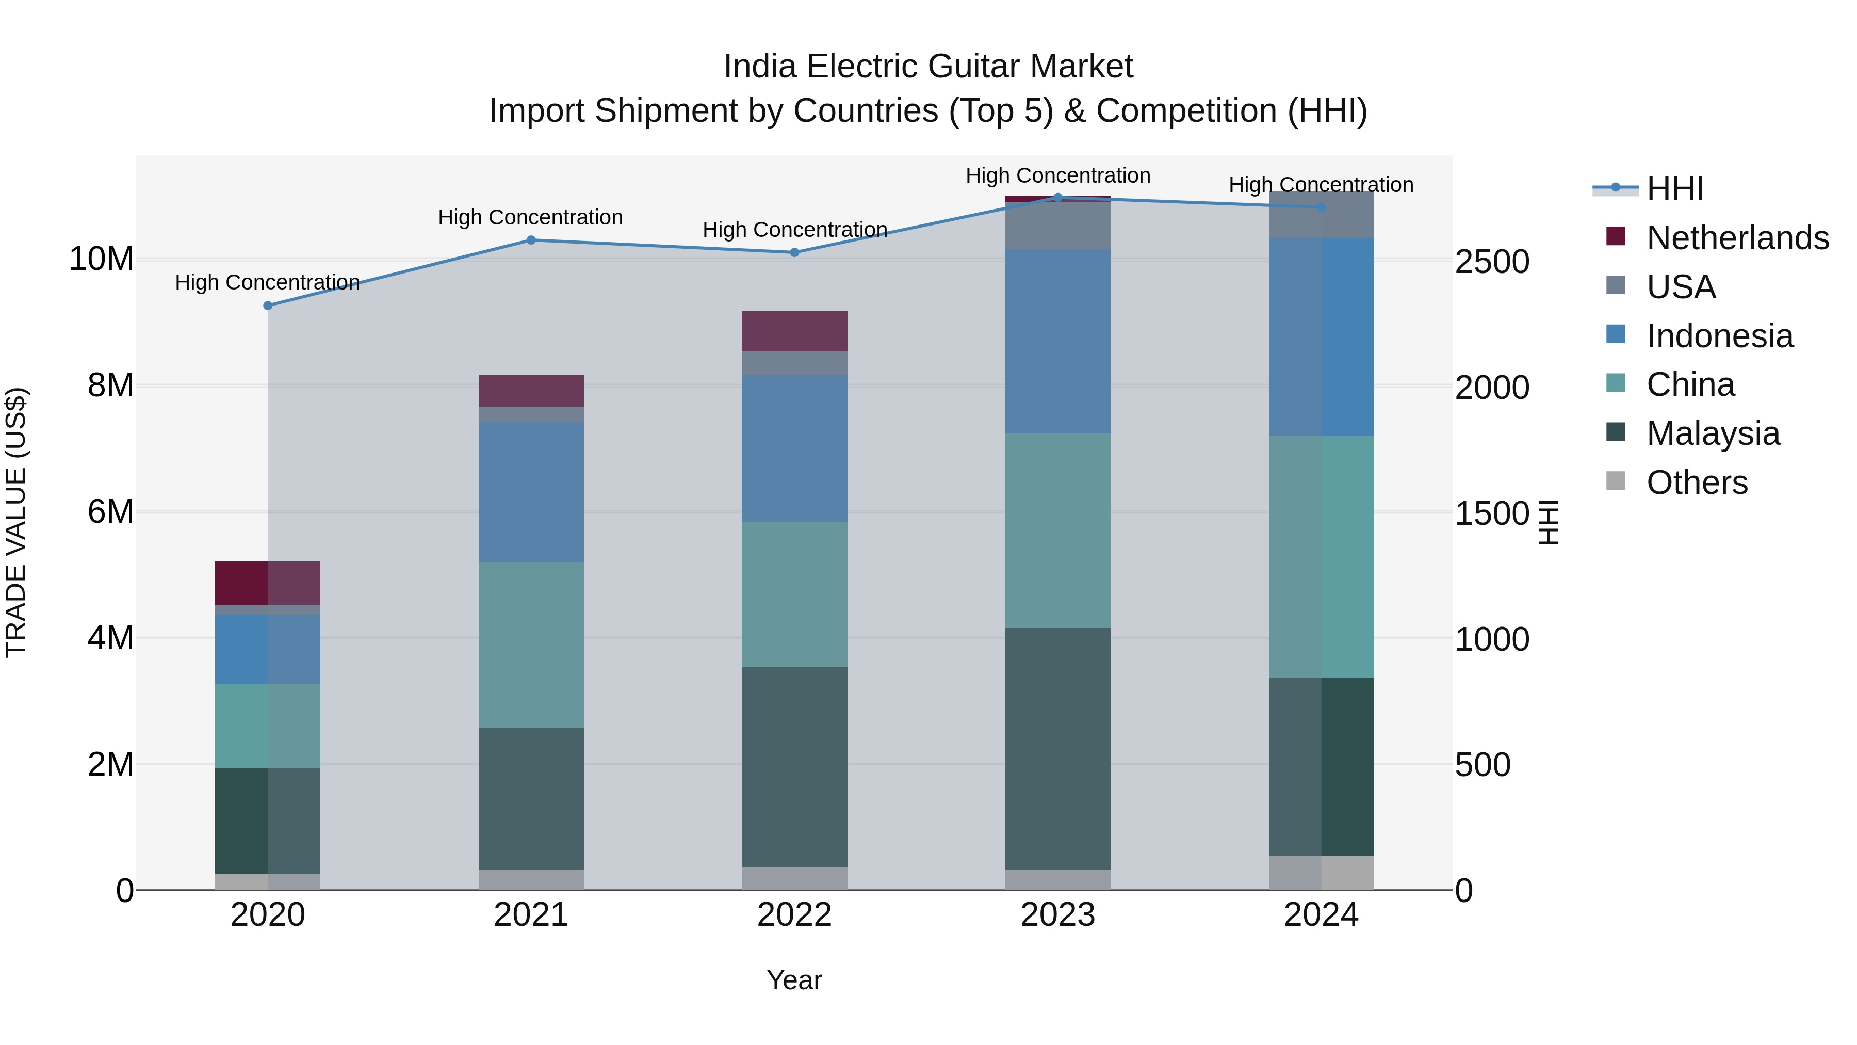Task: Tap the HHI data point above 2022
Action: pyautogui.click(x=794, y=252)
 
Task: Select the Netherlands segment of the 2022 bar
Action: pyautogui.click(x=794, y=331)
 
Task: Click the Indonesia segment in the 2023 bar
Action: pyautogui.click(x=1057, y=341)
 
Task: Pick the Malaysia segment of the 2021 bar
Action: pyautogui.click(x=531, y=798)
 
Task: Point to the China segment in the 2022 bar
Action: pyautogui.click(x=794, y=594)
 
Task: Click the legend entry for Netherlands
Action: pyautogui.click(x=1737, y=238)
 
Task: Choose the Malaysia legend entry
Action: pyautogui.click(x=1713, y=433)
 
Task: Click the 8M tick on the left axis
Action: pyautogui.click(x=110, y=386)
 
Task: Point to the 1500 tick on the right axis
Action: pyautogui.click(x=1491, y=513)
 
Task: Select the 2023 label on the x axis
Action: pyautogui.click(x=1057, y=915)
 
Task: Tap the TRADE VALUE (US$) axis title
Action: pyautogui.click(x=16, y=522)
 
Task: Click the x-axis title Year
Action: pyautogui.click(x=794, y=980)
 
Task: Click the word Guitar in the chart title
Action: pyautogui.click(x=974, y=67)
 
